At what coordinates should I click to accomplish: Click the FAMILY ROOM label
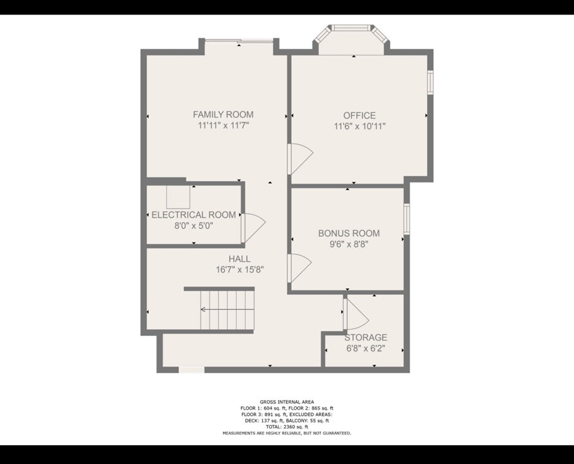(223, 114)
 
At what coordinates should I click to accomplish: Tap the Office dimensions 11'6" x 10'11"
(360, 126)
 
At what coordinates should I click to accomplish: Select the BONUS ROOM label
(349, 233)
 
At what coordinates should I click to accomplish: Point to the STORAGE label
(366, 337)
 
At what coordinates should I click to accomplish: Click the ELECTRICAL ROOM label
(193, 215)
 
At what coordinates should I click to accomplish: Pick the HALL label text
(239, 259)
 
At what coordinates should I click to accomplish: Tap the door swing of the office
(300, 159)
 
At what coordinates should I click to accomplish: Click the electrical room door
(253, 229)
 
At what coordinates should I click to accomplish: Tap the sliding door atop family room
(239, 40)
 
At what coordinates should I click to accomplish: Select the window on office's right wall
(431, 83)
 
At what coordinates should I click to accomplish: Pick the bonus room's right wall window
(407, 219)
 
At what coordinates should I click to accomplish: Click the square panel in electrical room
(179, 197)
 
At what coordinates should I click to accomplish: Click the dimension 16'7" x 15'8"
(239, 270)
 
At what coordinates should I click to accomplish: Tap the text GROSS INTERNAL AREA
(287, 402)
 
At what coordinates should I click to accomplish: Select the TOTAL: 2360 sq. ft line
(287, 427)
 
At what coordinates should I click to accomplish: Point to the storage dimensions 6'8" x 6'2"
(365, 349)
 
